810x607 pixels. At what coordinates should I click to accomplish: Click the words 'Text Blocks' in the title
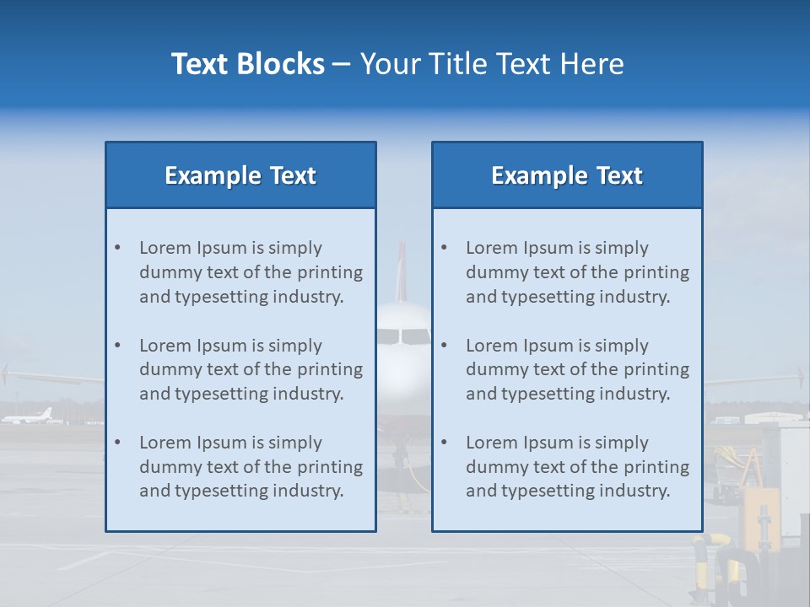point(247,64)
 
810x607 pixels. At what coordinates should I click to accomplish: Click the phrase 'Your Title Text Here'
point(492,64)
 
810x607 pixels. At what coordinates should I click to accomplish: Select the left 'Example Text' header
point(240,175)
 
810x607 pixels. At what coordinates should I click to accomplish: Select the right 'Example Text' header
point(567,175)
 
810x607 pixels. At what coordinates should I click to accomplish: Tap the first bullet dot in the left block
point(117,248)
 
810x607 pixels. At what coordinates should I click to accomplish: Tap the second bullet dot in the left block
point(117,346)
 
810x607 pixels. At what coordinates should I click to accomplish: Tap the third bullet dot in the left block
point(117,443)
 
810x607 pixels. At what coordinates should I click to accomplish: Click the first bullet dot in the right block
point(444,248)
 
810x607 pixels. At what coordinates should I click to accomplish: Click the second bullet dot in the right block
point(444,346)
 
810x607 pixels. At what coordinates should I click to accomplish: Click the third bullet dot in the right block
point(444,443)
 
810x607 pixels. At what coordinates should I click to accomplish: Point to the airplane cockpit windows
point(403,336)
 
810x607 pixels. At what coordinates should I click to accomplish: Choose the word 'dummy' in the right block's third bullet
point(492,467)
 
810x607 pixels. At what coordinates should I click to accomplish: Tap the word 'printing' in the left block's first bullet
point(332,272)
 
